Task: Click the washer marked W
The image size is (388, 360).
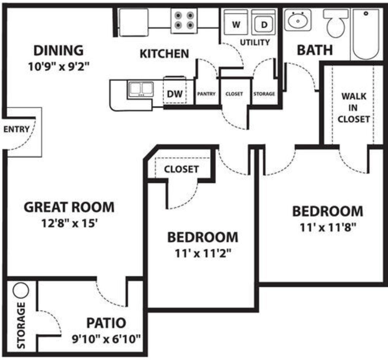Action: tap(236, 23)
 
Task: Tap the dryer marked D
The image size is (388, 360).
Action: tap(264, 23)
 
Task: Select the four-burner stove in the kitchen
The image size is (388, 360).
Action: tap(184, 21)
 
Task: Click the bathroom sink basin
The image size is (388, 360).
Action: tap(297, 20)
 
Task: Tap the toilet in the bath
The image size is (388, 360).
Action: tap(336, 23)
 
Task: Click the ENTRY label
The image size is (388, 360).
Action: tap(16, 129)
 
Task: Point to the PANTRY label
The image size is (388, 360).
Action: tap(206, 94)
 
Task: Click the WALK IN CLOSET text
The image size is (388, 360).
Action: tap(354, 108)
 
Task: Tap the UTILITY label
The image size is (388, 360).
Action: tap(255, 42)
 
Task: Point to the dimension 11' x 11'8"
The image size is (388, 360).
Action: tap(328, 227)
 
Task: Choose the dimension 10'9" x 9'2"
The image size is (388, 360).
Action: tap(59, 67)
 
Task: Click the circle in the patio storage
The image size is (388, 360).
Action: tap(21, 290)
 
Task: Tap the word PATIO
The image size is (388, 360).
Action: tap(106, 323)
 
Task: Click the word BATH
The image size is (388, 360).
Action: tap(315, 50)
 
